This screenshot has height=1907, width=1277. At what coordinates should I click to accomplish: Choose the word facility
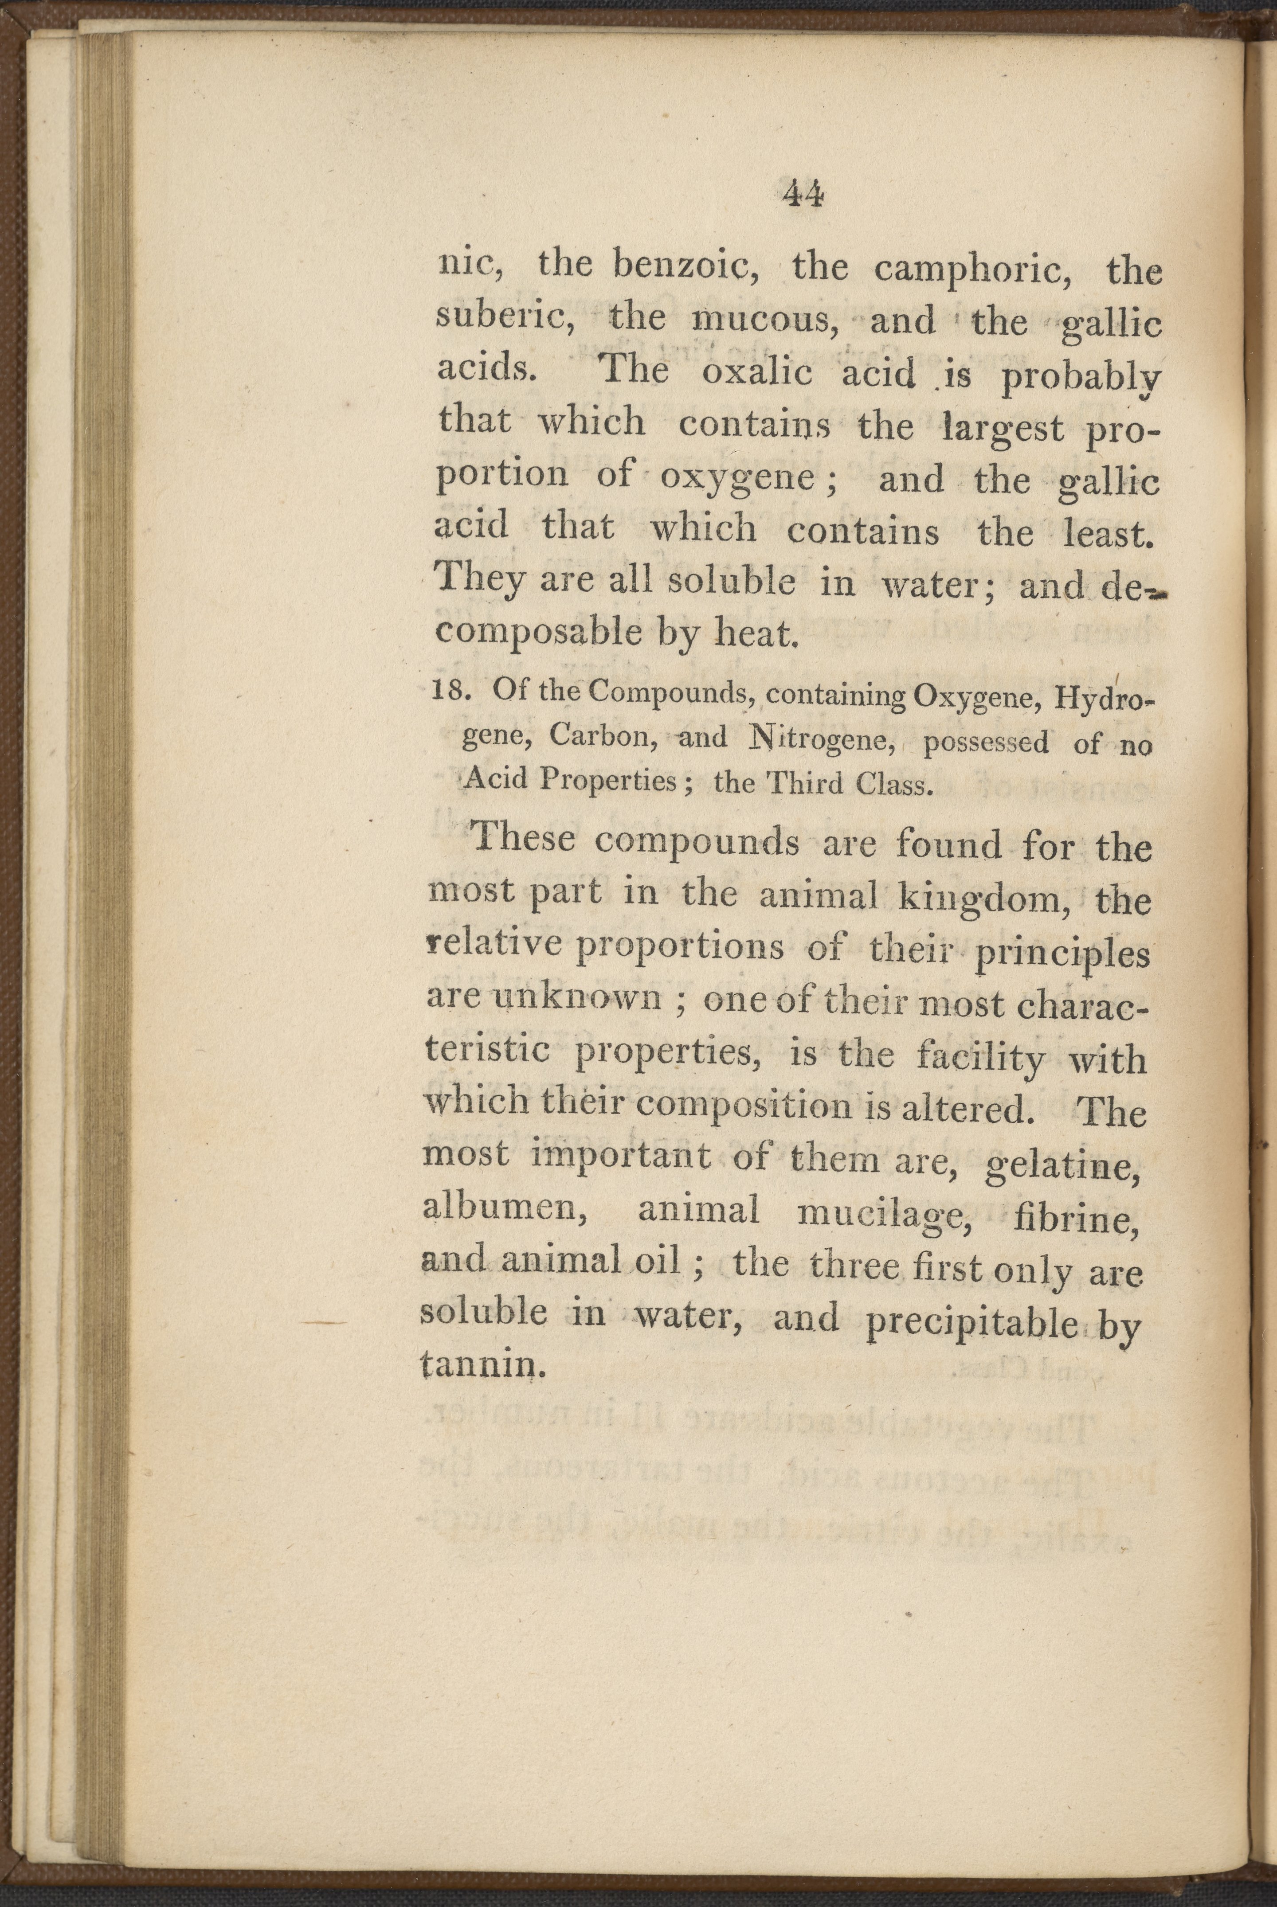coord(980,1059)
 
